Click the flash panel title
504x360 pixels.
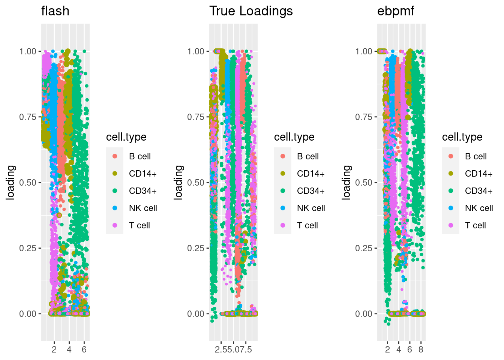(55, 11)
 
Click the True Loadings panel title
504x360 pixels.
(251, 11)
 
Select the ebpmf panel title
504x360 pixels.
(396, 11)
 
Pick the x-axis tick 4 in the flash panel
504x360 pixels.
(69, 349)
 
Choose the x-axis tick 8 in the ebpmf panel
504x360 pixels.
(421, 349)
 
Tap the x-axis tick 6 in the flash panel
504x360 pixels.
(84, 349)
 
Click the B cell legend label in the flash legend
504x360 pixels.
(139, 156)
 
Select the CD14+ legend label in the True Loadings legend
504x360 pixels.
(310, 174)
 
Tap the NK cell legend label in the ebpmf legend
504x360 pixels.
(479, 208)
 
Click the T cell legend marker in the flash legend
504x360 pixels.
(115, 225)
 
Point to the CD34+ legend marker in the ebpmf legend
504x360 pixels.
(451, 191)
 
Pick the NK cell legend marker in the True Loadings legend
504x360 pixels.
(283, 208)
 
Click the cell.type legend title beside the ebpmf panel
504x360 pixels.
(462, 137)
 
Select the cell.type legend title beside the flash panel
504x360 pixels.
(126, 137)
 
